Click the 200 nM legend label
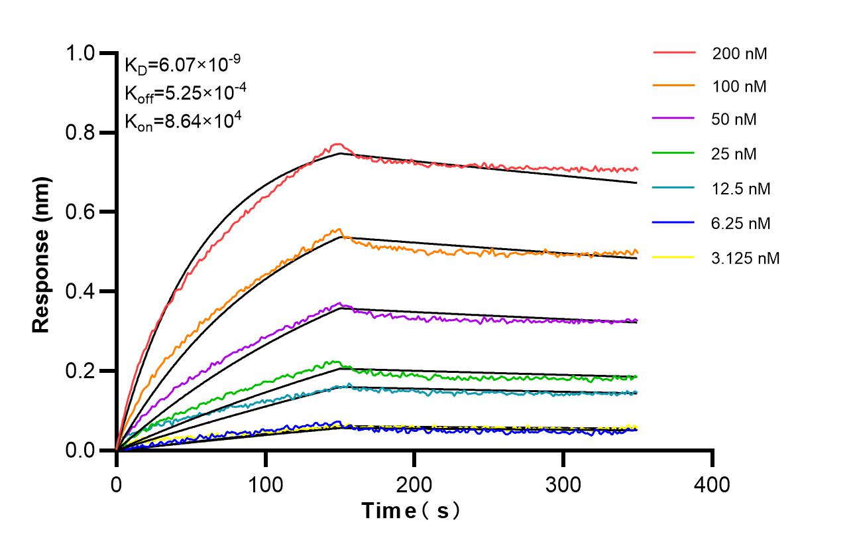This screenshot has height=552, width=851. coord(740,54)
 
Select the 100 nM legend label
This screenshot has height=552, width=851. coord(740,86)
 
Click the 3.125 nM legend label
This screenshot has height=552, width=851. coord(746,258)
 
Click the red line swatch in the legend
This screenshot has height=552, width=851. coord(674,52)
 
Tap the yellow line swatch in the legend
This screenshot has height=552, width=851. coord(674,256)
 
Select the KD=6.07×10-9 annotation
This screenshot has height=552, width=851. coord(182,65)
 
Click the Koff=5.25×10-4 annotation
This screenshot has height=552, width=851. coord(186,94)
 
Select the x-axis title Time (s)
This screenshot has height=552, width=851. coord(411,511)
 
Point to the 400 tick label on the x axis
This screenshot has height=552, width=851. coord(712,484)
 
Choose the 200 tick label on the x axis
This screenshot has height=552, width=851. coord(414,484)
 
